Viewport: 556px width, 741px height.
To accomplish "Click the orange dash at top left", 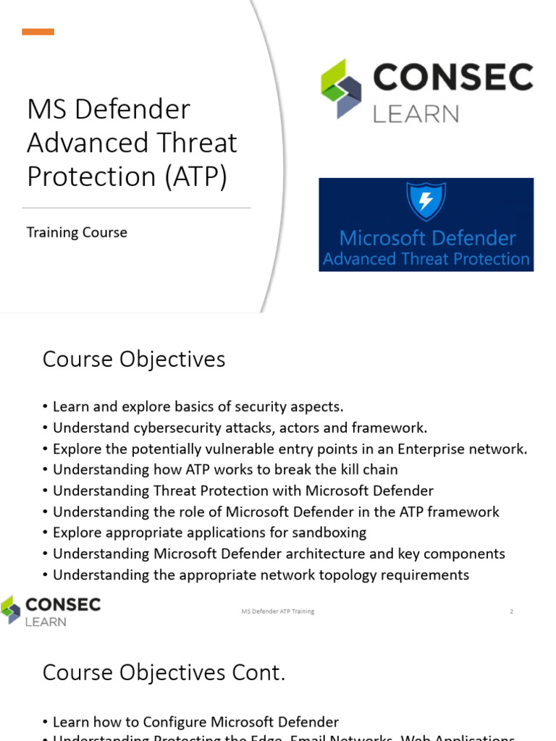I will point(38,32).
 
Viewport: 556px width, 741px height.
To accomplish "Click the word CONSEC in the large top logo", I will point(452,77).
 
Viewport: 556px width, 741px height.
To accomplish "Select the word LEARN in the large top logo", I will point(416,114).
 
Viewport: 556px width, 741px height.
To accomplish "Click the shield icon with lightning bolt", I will point(426,201).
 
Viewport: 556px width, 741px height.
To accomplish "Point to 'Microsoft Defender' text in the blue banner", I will point(427,238).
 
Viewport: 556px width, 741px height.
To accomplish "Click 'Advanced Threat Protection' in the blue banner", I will point(426,259).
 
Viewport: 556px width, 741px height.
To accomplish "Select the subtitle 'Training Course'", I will point(77,232).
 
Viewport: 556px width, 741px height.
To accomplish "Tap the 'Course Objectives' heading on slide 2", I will point(134,359).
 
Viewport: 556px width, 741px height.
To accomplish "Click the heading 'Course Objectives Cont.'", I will point(164,672).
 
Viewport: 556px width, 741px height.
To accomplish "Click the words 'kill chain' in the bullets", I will point(368,470).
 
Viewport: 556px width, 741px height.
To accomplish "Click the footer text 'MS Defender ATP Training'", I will point(278,611).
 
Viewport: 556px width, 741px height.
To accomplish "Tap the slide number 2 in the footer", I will point(511,611).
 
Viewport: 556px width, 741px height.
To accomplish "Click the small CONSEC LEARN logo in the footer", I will point(51,611).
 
